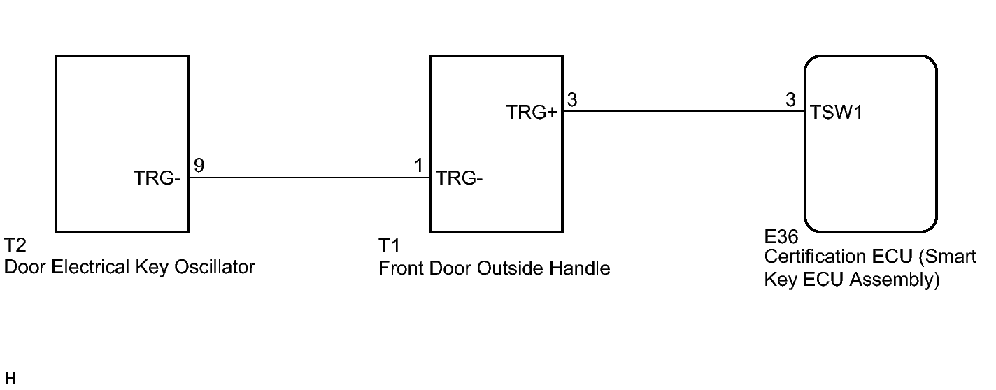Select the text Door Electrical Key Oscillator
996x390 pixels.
click(129, 267)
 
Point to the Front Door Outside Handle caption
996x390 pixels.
click(494, 268)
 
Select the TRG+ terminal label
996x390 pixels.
click(531, 113)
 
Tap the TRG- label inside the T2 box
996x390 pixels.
click(157, 179)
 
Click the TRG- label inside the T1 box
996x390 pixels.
click(460, 179)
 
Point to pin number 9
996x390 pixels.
click(199, 166)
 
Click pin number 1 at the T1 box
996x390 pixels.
click(418, 166)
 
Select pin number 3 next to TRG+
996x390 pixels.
click(572, 100)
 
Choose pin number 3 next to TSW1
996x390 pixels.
click(790, 100)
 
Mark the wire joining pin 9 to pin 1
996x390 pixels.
click(308, 178)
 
